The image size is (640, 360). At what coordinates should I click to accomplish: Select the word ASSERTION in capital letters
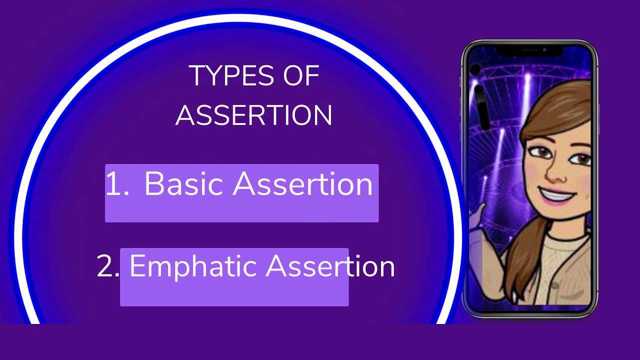click(253, 115)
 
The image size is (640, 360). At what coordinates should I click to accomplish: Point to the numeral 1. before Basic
click(117, 183)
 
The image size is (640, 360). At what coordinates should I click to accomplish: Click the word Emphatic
click(192, 266)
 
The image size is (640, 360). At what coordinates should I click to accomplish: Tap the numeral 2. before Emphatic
click(107, 266)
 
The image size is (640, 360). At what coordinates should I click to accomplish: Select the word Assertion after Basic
click(302, 183)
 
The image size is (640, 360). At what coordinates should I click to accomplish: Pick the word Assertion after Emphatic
click(330, 266)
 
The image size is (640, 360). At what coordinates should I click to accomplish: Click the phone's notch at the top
click(529, 51)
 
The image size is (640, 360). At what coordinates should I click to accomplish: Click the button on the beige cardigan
click(555, 285)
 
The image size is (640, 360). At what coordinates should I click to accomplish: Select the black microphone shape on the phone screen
click(481, 107)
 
